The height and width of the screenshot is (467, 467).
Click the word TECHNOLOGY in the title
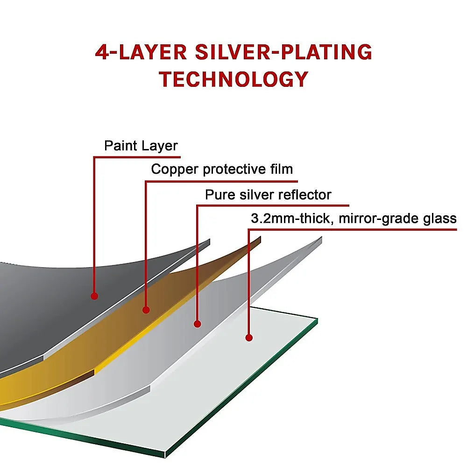[233, 79]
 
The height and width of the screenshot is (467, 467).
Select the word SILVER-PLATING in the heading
[283, 52]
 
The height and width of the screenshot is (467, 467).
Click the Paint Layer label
[141, 146]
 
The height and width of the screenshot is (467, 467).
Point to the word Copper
[175, 170]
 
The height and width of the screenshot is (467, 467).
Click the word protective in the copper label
[234, 169]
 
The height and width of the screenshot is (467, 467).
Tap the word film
[282, 169]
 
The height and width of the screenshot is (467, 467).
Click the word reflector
[304, 195]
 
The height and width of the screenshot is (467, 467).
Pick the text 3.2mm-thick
[290, 218]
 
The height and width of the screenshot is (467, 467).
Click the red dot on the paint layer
[94, 296]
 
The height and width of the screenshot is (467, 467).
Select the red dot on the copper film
[146, 310]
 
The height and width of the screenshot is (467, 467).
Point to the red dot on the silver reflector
[198, 324]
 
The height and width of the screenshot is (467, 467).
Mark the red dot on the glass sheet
[249, 338]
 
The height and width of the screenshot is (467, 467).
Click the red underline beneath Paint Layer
[137, 157]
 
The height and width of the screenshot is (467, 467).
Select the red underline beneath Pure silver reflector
[273, 205]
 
